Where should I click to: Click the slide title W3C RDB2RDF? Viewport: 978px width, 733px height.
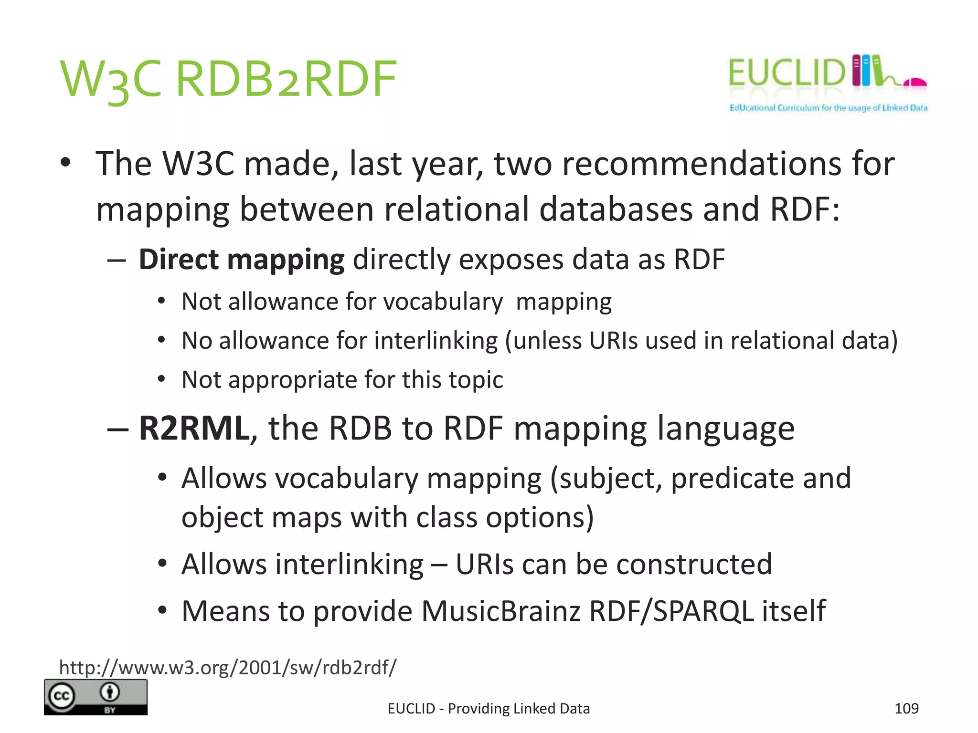click(228, 79)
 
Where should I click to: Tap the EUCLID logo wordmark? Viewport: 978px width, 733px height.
click(786, 73)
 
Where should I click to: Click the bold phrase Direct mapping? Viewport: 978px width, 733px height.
click(242, 260)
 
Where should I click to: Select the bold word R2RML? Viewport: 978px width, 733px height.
click(193, 428)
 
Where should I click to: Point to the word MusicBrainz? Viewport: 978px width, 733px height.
click(500, 611)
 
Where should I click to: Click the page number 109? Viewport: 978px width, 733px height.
click(906, 708)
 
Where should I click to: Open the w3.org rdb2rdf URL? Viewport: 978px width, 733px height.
click(227, 667)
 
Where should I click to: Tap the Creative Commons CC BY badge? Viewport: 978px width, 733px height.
click(96, 697)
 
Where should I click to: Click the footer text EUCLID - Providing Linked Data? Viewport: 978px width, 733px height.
click(489, 709)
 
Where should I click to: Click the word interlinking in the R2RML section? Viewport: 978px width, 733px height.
click(302, 564)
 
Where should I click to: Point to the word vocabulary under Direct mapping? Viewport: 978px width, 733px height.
click(443, 302)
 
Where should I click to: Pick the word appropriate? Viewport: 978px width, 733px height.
click(296, 380)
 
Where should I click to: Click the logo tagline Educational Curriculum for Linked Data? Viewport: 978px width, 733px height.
click(828, 108)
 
